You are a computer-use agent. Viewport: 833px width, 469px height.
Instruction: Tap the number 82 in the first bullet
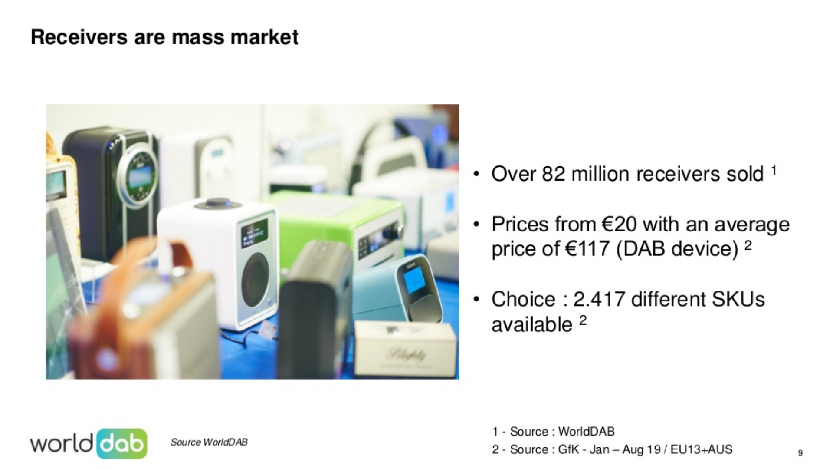pos(554,174)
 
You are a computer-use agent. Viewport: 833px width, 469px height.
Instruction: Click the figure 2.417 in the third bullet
pos(600,299)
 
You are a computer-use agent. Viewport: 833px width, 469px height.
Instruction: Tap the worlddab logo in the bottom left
pos(89,443)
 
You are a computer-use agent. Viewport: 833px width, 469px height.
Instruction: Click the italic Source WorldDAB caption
pos(209,442)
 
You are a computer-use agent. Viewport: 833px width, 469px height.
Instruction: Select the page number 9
pos(800,453)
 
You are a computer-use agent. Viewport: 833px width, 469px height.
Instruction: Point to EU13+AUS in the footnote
pos(702,449)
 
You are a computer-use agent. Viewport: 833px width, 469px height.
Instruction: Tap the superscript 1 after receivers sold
pos(773,169)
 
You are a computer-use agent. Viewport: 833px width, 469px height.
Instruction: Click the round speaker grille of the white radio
pos(256,279)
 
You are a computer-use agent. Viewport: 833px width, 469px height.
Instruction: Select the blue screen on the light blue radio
pos(414,281)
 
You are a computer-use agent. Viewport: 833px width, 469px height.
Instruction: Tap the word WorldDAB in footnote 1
pos(586,432)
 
